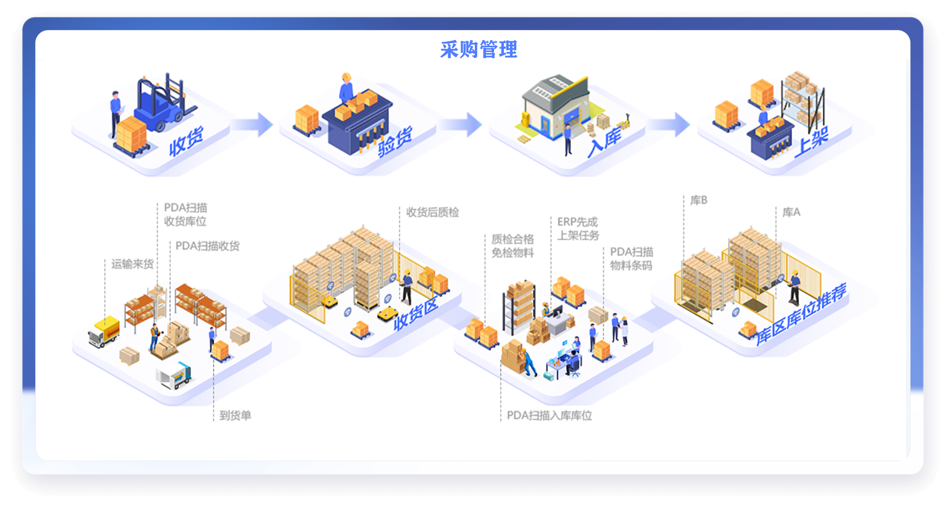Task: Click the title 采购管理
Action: (478, 49)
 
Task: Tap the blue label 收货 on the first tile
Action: (186, 141)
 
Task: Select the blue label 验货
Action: (394, 142)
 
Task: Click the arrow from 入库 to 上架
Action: (670, 124)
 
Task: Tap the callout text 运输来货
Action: (132, 264)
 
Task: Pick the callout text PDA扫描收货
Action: (207, 246)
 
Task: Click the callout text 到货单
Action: (235, 416)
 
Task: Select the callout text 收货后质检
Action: (432, 212)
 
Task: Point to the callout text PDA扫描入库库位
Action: (549, 416)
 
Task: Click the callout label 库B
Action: (699, 200)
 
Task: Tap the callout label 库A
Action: (791, 212)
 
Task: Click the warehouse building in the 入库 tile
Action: (554, 105)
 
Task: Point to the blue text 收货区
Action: (415, 314)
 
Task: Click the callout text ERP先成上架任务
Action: (578, 229)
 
